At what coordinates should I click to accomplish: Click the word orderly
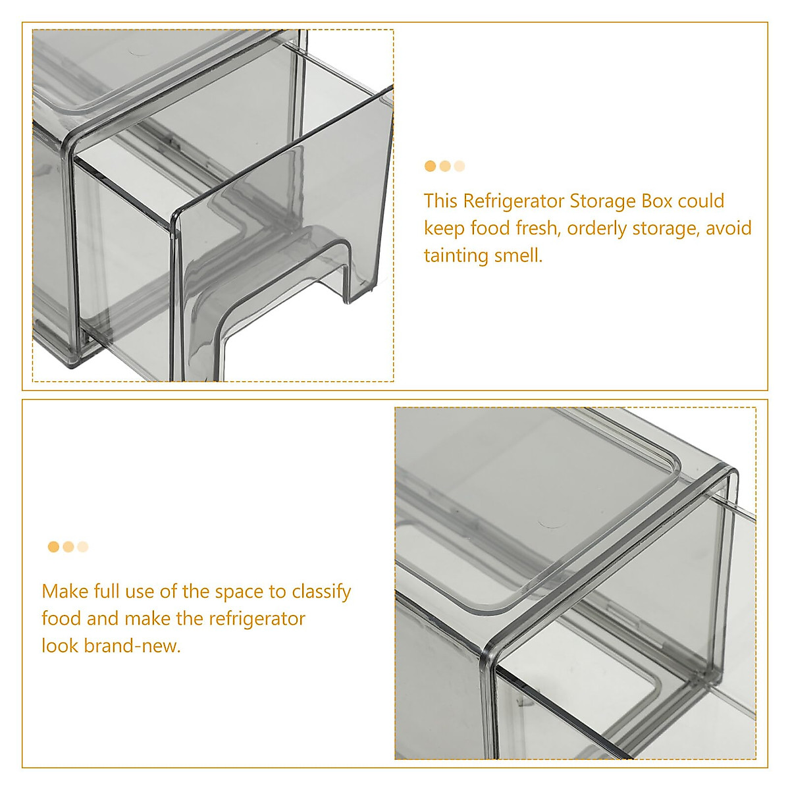tap(597, 228)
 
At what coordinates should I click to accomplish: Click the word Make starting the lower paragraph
tap(65, 591)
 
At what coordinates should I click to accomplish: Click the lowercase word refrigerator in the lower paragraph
tap(257, 619)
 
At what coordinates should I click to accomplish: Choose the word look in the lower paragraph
tap(61, 646)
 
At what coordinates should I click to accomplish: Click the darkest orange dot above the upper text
tap(431, 167)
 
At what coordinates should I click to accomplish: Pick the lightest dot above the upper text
tap(460, 167)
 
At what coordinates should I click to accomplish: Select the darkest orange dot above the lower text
tap(53, 547)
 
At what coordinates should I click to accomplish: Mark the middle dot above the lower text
tap(68, 547)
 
